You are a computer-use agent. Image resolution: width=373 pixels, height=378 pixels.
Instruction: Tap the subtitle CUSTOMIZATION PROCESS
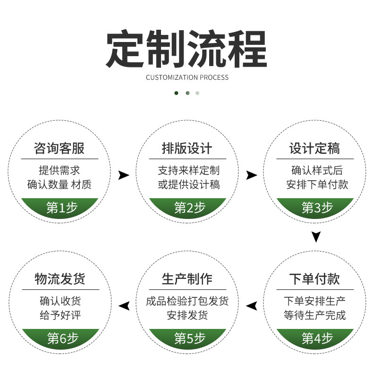pyautogui.click(x=187, y=77)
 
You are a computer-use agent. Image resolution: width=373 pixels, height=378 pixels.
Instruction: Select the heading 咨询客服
pyautogui.click(x=59, y=149)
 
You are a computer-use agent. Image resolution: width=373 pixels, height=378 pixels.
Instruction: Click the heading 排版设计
pyautogui.click(x=187, y=149)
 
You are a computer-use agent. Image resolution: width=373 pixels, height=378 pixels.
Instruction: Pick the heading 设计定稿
pyautogui.click(x=314, y=149)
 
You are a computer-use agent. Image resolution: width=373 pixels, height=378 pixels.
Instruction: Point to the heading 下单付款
pyautogui.click(x=314, y=279)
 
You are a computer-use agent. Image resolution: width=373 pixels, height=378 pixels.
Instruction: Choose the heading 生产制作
pyautogui.click(x=187, y=279)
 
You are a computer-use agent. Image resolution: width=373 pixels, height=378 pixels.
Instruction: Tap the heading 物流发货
pyautogui.click(x=59, y=279)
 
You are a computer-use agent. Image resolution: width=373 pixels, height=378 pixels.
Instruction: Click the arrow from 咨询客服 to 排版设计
pyautogui.click(x=124, y=176)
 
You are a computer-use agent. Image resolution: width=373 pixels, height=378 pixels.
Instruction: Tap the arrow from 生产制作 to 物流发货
pyautogui.click(x=124, y=306)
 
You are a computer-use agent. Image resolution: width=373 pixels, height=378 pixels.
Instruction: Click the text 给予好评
pyautogui.click(x=60, y=315)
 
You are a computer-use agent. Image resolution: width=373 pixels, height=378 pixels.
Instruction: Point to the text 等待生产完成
pyautogui.click(x=314, y=315)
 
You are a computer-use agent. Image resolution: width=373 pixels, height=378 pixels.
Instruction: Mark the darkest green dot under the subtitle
pyautogui.click(x=177, y=93)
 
